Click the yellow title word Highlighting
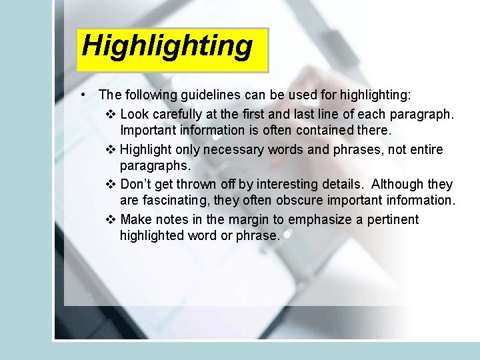167,47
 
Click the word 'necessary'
234,149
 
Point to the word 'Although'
397,184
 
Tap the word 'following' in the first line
150,96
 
